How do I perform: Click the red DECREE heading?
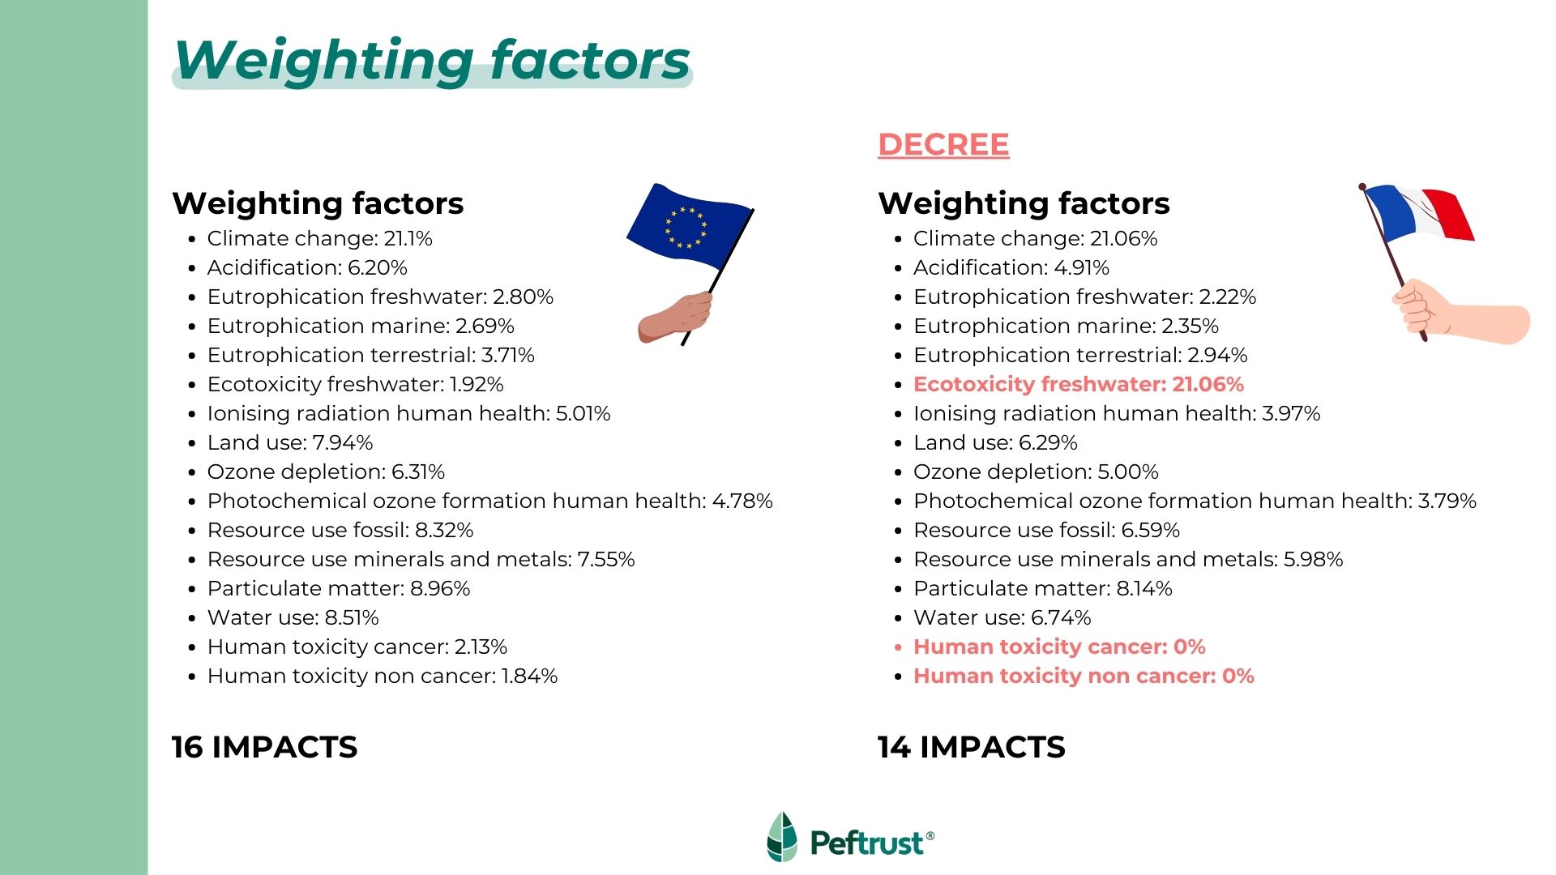click(943, 144)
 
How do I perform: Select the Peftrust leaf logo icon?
click(782, 837)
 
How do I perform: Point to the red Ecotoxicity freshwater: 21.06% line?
click(1078, 385)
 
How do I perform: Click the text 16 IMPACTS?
click(264, 747)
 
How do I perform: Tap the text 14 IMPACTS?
click(971, 747)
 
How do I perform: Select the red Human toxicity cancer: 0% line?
click(1059, 647)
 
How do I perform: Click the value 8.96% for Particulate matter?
click(440, 589)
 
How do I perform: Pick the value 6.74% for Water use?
click(1061, 618)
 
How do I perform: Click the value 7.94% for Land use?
click(343, 443)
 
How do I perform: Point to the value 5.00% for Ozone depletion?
click(1128, 472)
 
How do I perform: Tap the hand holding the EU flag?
click(674, 317)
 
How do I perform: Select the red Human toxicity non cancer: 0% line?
click(1084, 677)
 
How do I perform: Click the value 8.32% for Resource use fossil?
click(444, 531)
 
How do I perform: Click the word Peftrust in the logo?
click(866, 843)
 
